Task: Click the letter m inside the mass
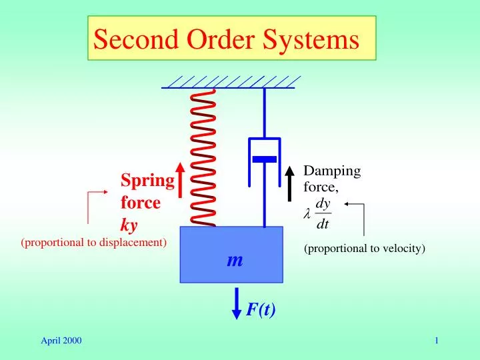(234, 261)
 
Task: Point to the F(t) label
(261, 309)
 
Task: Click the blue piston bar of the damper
(264, 159)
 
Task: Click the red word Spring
(147, 181)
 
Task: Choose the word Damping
(332, 171)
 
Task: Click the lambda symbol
(307, 214)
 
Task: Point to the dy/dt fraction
(323, 213)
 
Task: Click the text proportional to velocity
(365, 249)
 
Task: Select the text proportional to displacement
(94, 242)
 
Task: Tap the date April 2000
(61, 341)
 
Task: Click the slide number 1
(436, 341)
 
